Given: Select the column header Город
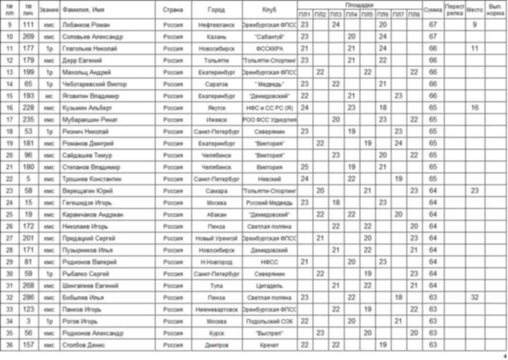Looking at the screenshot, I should coord(216,10).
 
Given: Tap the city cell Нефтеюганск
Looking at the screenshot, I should coord(216,25).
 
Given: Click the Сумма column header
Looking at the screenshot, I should coord(433,10).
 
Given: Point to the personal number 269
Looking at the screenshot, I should coord(28,37).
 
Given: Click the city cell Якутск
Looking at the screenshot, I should coord(216,108).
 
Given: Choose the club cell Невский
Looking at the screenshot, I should coord(269,179).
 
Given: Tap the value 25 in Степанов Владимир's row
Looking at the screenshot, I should coord(305,167).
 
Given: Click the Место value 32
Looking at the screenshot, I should coord(474,297).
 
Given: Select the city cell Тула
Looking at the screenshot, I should coord(216,286).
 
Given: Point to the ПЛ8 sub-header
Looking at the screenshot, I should coord(414,15).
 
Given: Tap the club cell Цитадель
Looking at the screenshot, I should coord(269,286).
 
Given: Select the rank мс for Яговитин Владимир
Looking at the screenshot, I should coord(49,96).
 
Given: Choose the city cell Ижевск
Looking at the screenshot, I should coord(216,120).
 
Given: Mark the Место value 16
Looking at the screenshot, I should coord(474,108).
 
